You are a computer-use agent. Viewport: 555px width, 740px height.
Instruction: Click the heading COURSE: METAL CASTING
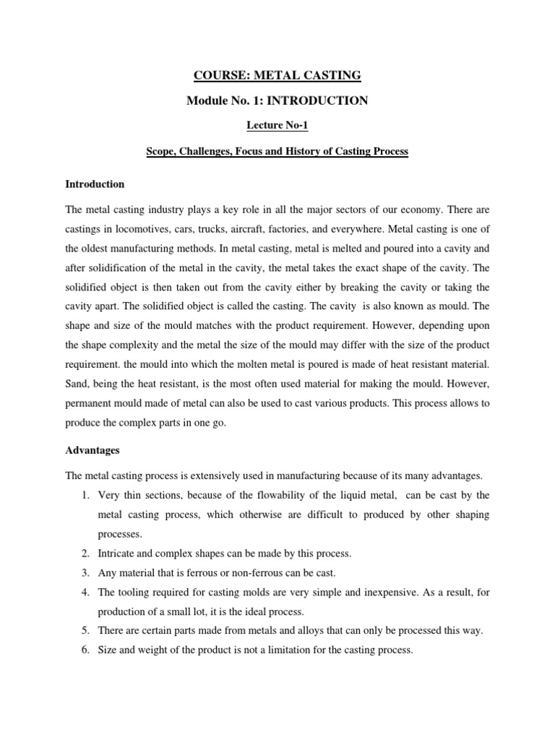[277, 74]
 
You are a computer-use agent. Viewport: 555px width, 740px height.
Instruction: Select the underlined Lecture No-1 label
[277, 126]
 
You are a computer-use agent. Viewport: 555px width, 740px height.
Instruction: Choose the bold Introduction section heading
[95, 184]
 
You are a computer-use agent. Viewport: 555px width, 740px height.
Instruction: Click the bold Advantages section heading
[92, 449]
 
